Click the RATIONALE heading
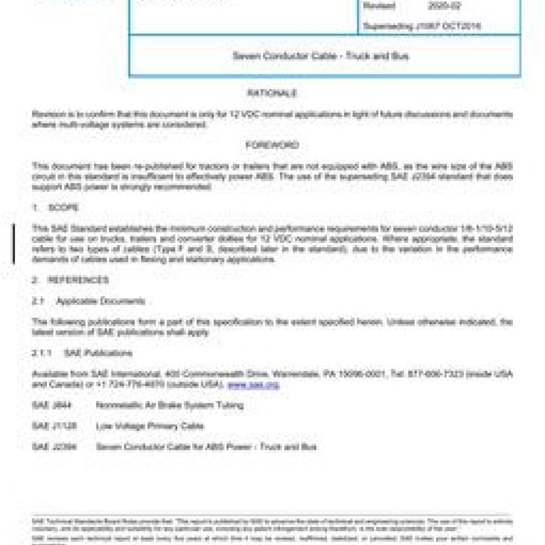coord(272,93)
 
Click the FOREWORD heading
coord(272,145)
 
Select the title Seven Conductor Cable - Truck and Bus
coord(321,56)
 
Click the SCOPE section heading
coord(63,208)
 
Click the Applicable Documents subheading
coord(100,301)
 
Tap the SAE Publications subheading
coord(98,353)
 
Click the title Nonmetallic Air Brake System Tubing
coord(170,405)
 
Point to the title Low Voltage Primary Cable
coord(150,426)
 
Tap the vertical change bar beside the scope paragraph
coord(13,244)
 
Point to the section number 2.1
coord(38,301)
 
